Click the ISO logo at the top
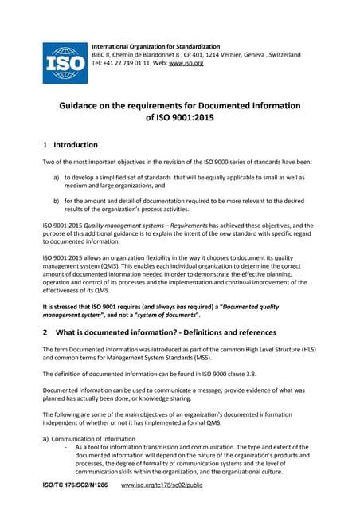[65, 61]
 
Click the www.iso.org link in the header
[186, 63]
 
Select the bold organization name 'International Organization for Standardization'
[156, 46]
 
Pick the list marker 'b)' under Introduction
[57, 202]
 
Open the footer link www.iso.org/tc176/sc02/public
[162, 484]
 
